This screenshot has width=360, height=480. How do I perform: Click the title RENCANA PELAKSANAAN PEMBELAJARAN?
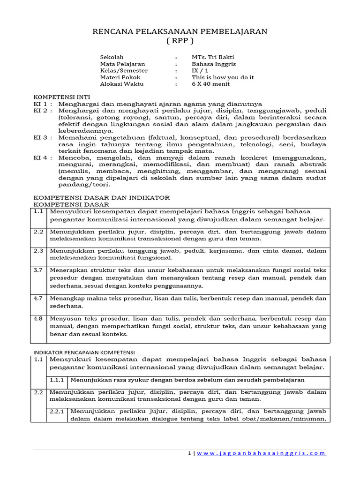180,31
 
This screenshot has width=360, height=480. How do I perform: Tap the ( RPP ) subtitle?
180,41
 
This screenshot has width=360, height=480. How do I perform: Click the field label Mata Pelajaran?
122,64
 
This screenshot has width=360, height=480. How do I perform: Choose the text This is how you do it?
223,77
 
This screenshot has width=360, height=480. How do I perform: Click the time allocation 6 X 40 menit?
210,84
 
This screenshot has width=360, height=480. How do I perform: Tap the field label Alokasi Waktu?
122,84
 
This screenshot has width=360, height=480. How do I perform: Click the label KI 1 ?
43,104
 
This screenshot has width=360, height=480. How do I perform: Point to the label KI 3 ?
43,137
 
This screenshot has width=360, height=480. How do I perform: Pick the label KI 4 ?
43,158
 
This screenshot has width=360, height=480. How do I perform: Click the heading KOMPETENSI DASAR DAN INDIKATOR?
101,198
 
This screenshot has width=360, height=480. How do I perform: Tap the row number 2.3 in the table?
38,251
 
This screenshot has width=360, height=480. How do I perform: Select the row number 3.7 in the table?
38,270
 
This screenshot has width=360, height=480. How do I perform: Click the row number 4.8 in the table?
38,318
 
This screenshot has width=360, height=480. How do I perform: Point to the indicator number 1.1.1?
58,380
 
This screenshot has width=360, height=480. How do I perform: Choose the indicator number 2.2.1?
58,411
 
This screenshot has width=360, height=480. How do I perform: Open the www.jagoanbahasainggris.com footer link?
261,453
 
